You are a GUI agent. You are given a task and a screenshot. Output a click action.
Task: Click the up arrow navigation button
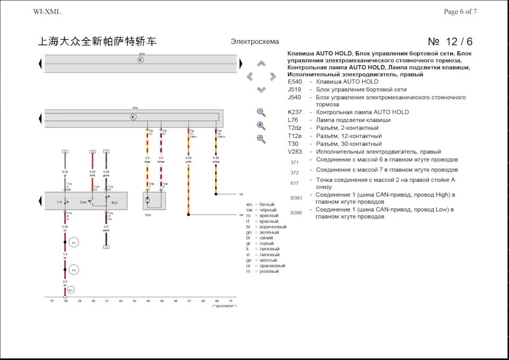tap(261, 64)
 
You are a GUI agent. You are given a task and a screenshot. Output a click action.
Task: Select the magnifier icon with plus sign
tap(260, 126)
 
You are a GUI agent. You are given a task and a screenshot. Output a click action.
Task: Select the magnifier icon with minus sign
tap(260, 139)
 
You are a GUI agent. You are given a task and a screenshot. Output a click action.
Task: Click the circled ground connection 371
tap(74, 242)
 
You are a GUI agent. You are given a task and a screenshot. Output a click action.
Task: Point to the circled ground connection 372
tap(74, 270)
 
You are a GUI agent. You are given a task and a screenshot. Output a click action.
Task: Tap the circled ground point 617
tap(71, 290)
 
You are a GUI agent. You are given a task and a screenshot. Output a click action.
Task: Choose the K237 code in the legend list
tap(295, 112)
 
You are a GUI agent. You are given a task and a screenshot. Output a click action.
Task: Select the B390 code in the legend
tap(296, 213)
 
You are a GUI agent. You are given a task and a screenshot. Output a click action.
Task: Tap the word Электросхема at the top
tap(254, 42)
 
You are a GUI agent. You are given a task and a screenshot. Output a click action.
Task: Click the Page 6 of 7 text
tap(460, 12)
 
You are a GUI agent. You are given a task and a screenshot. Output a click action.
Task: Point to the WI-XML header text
tap(47, 12)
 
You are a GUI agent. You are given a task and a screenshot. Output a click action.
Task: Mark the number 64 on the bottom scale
tap(148, 301)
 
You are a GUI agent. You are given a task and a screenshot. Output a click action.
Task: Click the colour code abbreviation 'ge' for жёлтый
tap(248, 260)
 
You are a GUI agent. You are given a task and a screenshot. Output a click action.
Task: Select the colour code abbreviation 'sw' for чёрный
tap(249, 210)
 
